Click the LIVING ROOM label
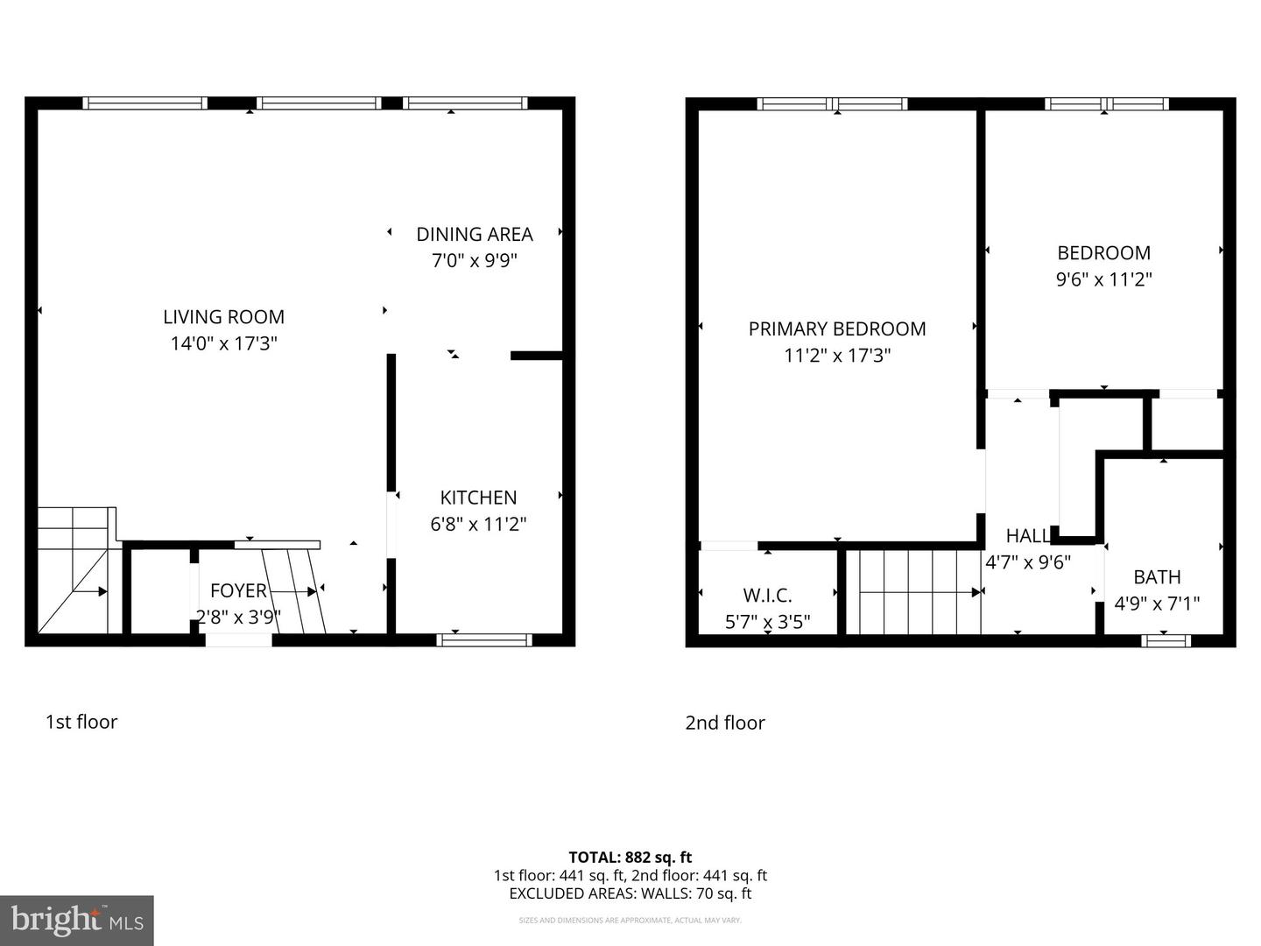[223, 317]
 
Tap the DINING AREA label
[474, 235]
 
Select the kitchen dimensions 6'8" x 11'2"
[478, 525]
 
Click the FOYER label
[238, 591]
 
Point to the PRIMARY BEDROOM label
[837, 329]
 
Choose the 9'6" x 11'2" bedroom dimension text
[1103, 280]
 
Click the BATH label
[1157, 577]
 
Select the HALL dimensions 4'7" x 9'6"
[1028, 563]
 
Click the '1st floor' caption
[81, 722]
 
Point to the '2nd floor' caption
[725, 723]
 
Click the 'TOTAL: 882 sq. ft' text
[630, 858]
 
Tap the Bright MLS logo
[77, 920]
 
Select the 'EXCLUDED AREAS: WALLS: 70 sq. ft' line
[630, 893]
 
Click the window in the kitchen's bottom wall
[484, 640]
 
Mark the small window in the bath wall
[1166, 641]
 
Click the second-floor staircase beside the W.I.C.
[915, 591]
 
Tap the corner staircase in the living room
[74, 569]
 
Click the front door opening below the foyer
[238, 640]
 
